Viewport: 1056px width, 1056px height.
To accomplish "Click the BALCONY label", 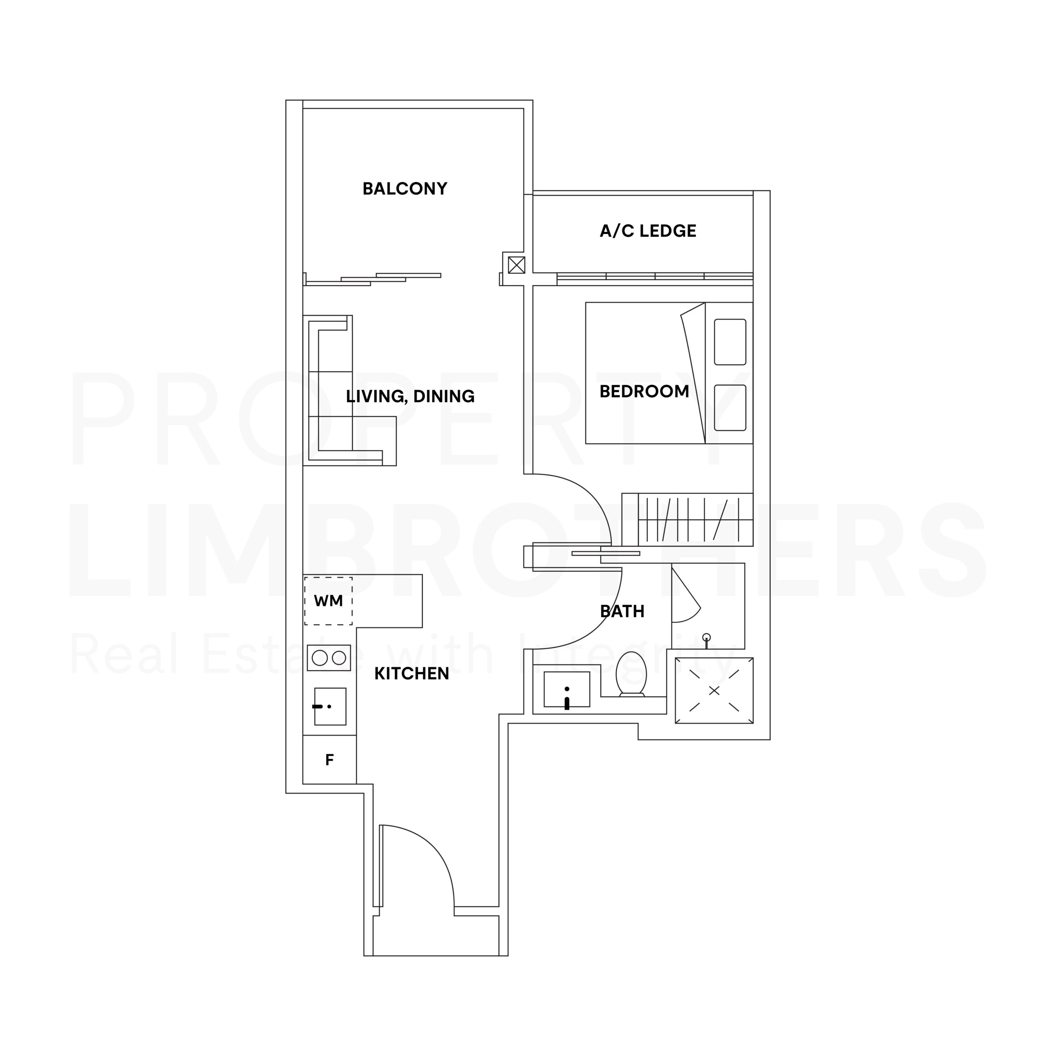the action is [405, 189].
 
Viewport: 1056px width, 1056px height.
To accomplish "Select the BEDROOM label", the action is [644, 391].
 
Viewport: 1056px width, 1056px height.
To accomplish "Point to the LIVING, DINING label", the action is [410, 396].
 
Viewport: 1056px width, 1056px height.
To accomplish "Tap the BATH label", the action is [622, 611].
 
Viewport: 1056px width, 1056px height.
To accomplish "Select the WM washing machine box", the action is [328, 601].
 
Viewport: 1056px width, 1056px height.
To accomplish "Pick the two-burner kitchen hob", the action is [328, 658].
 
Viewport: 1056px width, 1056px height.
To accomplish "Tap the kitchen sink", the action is [330, 706].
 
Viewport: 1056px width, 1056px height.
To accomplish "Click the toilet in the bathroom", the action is [631, 674].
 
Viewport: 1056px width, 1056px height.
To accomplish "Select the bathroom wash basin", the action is [567, 690].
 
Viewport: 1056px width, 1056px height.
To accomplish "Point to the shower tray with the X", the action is [714, 691].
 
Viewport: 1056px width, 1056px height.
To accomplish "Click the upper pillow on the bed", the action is [730, 342].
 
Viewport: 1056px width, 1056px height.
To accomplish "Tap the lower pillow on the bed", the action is [730, 408].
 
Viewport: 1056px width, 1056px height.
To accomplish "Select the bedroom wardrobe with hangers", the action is [688, 519].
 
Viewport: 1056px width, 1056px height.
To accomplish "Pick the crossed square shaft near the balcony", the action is [516, 265].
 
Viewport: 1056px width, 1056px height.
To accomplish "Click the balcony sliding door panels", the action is [373, 279].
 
